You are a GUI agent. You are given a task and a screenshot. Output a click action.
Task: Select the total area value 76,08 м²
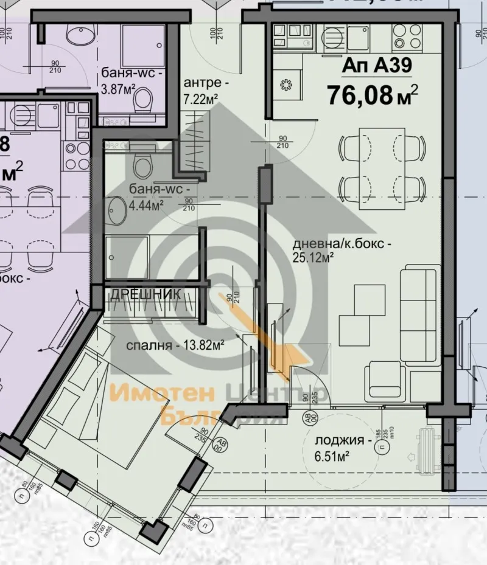pos(372,95)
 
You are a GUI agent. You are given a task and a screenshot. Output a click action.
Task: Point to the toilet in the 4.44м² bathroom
pos(144,163)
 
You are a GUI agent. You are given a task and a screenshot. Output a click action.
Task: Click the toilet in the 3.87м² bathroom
pos(144,100)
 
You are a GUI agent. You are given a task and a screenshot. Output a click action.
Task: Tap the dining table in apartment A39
pos(382,159)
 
